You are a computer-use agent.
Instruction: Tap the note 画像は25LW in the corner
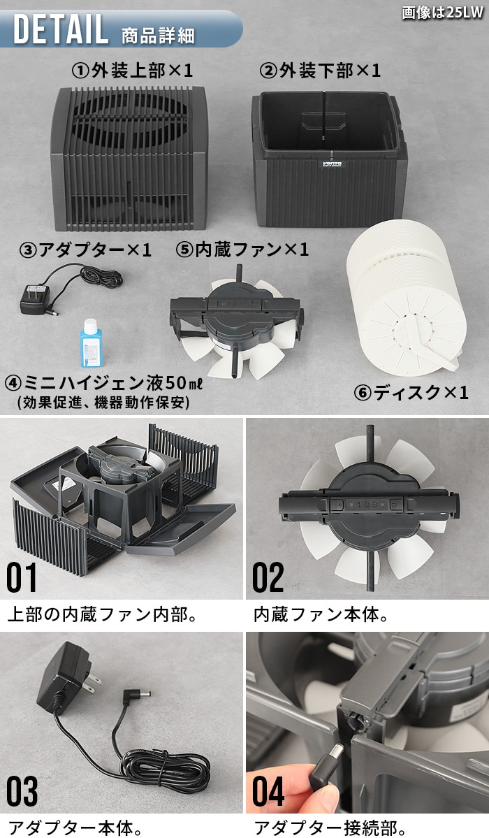click(444, 13)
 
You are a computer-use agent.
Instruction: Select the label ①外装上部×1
click(132, 71)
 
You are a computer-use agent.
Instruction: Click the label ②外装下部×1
click(321, 71)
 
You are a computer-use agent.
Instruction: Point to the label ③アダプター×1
click(85, 250)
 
